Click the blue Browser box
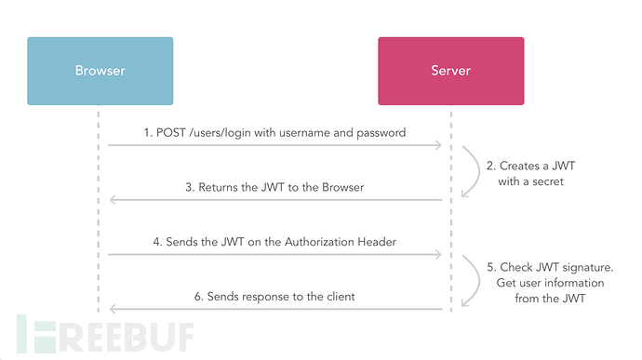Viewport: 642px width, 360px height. point(100,71)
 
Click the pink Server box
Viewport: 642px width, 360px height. point(450,71)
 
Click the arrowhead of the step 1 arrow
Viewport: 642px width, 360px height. point(439,146)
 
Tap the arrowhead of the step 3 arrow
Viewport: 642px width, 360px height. point(111,200)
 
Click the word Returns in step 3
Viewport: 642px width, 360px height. point(221,187)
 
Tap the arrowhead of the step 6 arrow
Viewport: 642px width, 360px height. point(111,309)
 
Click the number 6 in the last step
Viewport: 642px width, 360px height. point(199,296)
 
